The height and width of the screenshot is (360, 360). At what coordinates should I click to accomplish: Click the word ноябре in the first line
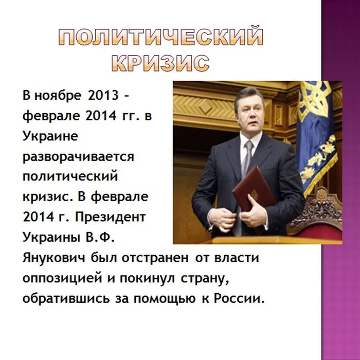[60, 97]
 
